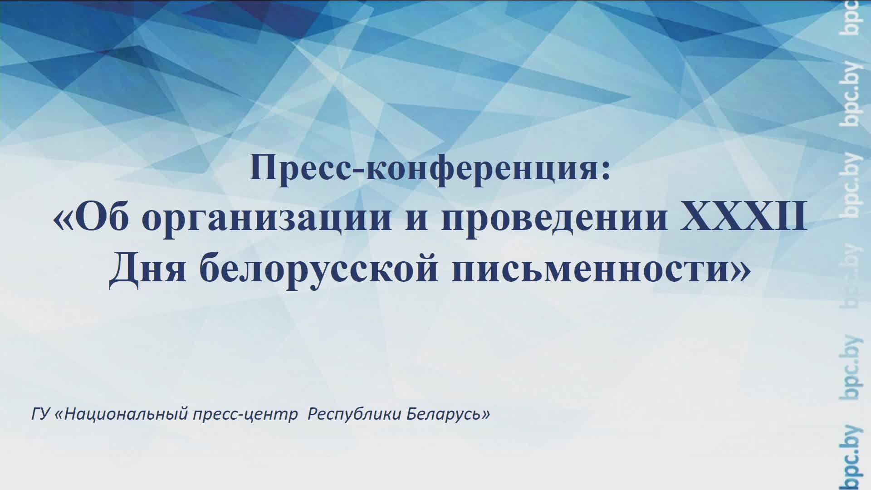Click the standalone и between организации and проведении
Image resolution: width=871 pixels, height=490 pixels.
pyautogui.click(x=416, y=220)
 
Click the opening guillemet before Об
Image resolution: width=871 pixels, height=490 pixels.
pyautogui.click(x=64, y=220)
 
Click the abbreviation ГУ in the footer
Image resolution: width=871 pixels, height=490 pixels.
pyautogui.click(x=40, y=414)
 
